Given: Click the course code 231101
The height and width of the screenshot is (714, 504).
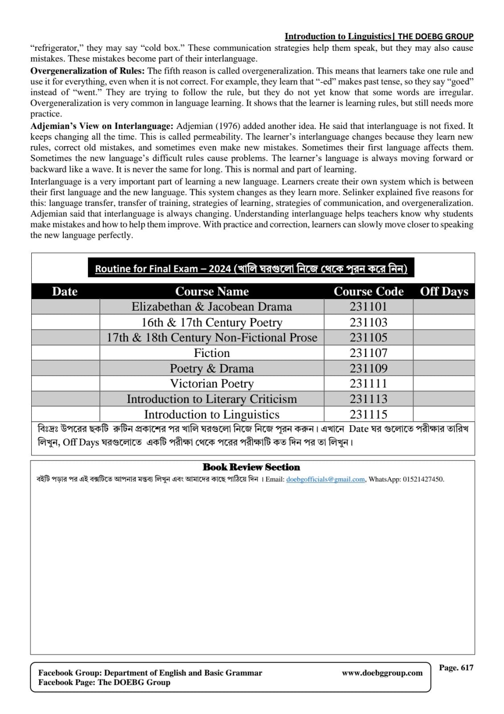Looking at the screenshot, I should [368, 307].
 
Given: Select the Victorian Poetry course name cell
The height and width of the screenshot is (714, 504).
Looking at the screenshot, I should [212, 384].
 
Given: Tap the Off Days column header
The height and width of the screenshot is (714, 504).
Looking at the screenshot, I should [444, 291].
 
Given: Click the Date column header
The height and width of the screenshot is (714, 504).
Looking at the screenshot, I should [65, 291].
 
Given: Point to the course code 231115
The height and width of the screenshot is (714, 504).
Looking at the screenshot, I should [368, 415].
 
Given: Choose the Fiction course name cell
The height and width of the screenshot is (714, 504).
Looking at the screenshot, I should [212, 353].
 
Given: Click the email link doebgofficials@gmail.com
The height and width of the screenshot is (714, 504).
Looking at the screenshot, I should [326, 479].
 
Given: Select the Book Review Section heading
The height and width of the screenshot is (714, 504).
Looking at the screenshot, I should [251, 467].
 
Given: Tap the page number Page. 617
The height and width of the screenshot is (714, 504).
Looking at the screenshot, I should [456, 668].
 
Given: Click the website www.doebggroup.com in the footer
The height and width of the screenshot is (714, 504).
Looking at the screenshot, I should [382, 673].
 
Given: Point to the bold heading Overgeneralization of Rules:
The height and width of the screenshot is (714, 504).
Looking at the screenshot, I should [87, 71].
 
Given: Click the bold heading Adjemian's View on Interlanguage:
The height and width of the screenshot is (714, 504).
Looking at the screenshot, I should [102, 126].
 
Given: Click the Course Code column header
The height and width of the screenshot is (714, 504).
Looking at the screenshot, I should [368, 291].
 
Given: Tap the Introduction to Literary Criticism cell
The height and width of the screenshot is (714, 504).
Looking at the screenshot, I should [212, 399].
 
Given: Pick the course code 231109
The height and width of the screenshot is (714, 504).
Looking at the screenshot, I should [368, 369].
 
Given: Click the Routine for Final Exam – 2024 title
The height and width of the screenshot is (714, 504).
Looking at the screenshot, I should [251, 269].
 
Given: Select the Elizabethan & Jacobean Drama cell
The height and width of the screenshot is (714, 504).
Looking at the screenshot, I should [212, 307].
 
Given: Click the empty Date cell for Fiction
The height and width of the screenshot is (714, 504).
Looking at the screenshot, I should [66, 353].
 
